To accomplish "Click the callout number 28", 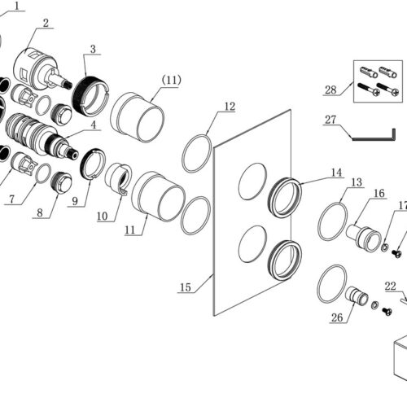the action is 330,90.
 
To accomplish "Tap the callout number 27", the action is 330,120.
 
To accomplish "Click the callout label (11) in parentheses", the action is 172,81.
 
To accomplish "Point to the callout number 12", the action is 230,107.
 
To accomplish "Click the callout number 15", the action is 186,287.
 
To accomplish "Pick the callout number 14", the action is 336,173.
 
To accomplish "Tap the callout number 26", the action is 337,317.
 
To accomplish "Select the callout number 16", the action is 379,194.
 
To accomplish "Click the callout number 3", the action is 93,49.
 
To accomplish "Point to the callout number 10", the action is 103,217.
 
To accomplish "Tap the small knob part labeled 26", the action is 357,295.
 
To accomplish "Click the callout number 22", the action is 391,286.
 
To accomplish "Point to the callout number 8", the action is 40,212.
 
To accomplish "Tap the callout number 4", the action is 93,125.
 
